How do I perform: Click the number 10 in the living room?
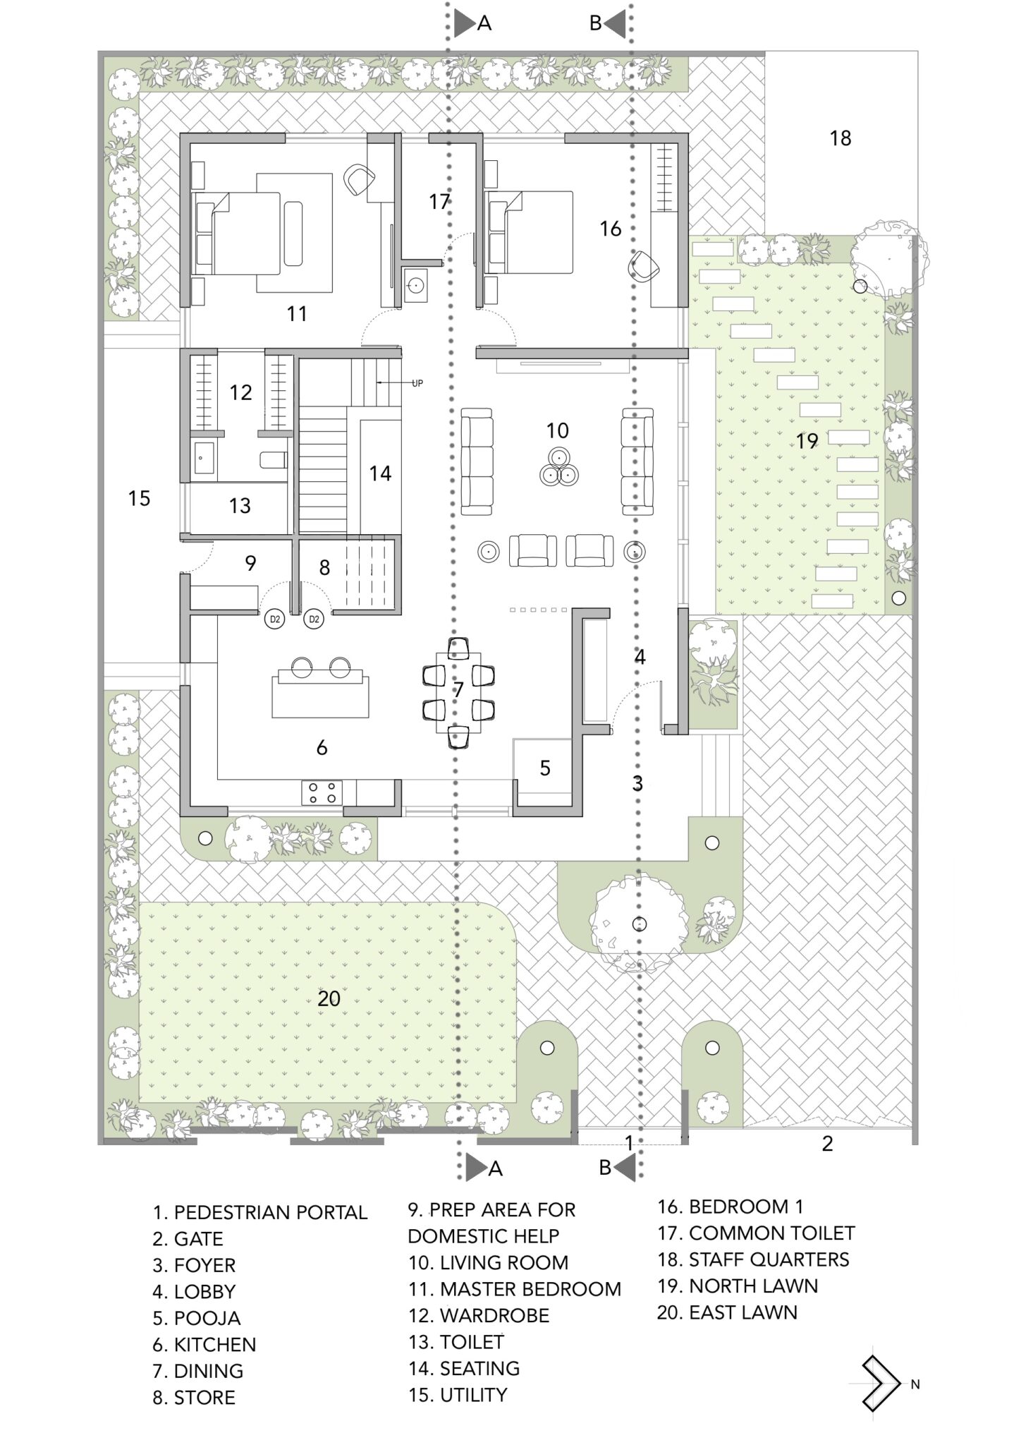(x=557, y=430)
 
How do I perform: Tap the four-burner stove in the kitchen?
(x=322, y=792)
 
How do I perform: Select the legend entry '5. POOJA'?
(x=197, y=1318)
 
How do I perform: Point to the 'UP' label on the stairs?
(x=417, y=383)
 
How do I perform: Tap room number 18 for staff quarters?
(x=840, y=138)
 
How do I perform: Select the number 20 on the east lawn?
(x=329, y=998)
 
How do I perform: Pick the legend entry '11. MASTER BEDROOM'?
(x=515, y=1289)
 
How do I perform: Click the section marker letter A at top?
(x=484, y=23)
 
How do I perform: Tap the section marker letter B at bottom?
(x=605, y=1168)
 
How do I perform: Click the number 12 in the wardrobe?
(x=240, y=392)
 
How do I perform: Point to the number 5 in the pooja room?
(x=545, y=768)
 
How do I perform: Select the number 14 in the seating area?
(x=380, y=473)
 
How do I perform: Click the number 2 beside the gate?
(x=828, y=1144)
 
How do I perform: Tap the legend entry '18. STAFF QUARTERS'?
(x=753, y=1259)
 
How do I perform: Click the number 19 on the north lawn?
(x=807, y=442)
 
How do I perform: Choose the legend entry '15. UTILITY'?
(x=458, y=1395)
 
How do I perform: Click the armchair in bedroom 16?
(x=644, y=266)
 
